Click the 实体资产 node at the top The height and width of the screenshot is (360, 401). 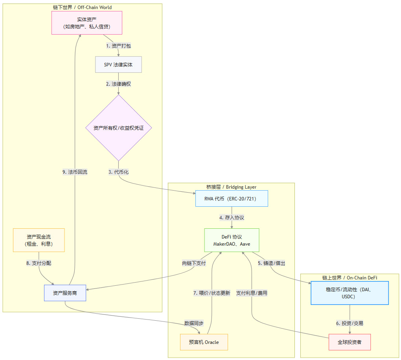(x=87, y=23)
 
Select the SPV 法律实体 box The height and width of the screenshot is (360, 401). (x=118, y=64)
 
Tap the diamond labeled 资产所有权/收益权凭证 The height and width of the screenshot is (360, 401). (x=118, y=128)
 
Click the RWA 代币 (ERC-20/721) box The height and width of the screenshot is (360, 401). (x=232, y=198)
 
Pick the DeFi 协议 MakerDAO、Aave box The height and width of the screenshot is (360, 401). (x=232, y=240)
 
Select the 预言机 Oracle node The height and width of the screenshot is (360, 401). (x=204, y=342)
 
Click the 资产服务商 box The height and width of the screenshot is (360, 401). (x=65, y=293)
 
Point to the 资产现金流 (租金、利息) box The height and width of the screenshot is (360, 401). (x=39, y=240)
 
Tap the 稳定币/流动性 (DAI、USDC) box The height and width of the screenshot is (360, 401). (x=349, y=293)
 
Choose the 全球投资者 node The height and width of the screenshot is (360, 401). (x=349, y=342)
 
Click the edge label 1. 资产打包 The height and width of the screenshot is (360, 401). (x=118, y=46)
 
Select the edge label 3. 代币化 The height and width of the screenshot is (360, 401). (x=118, y=172)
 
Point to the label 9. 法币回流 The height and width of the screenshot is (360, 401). (x=75, y=172)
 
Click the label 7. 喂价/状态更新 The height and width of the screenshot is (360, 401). (x=212, y=293)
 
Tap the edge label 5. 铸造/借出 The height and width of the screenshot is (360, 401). (x=271, y=263)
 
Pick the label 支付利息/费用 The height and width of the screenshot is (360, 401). (x=252, y=293)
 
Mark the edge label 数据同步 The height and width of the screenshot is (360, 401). (x=194, y=323)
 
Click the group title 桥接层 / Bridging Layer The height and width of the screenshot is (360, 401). (x=231, y=187)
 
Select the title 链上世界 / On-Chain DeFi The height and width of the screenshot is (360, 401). (x=349, y=277)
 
